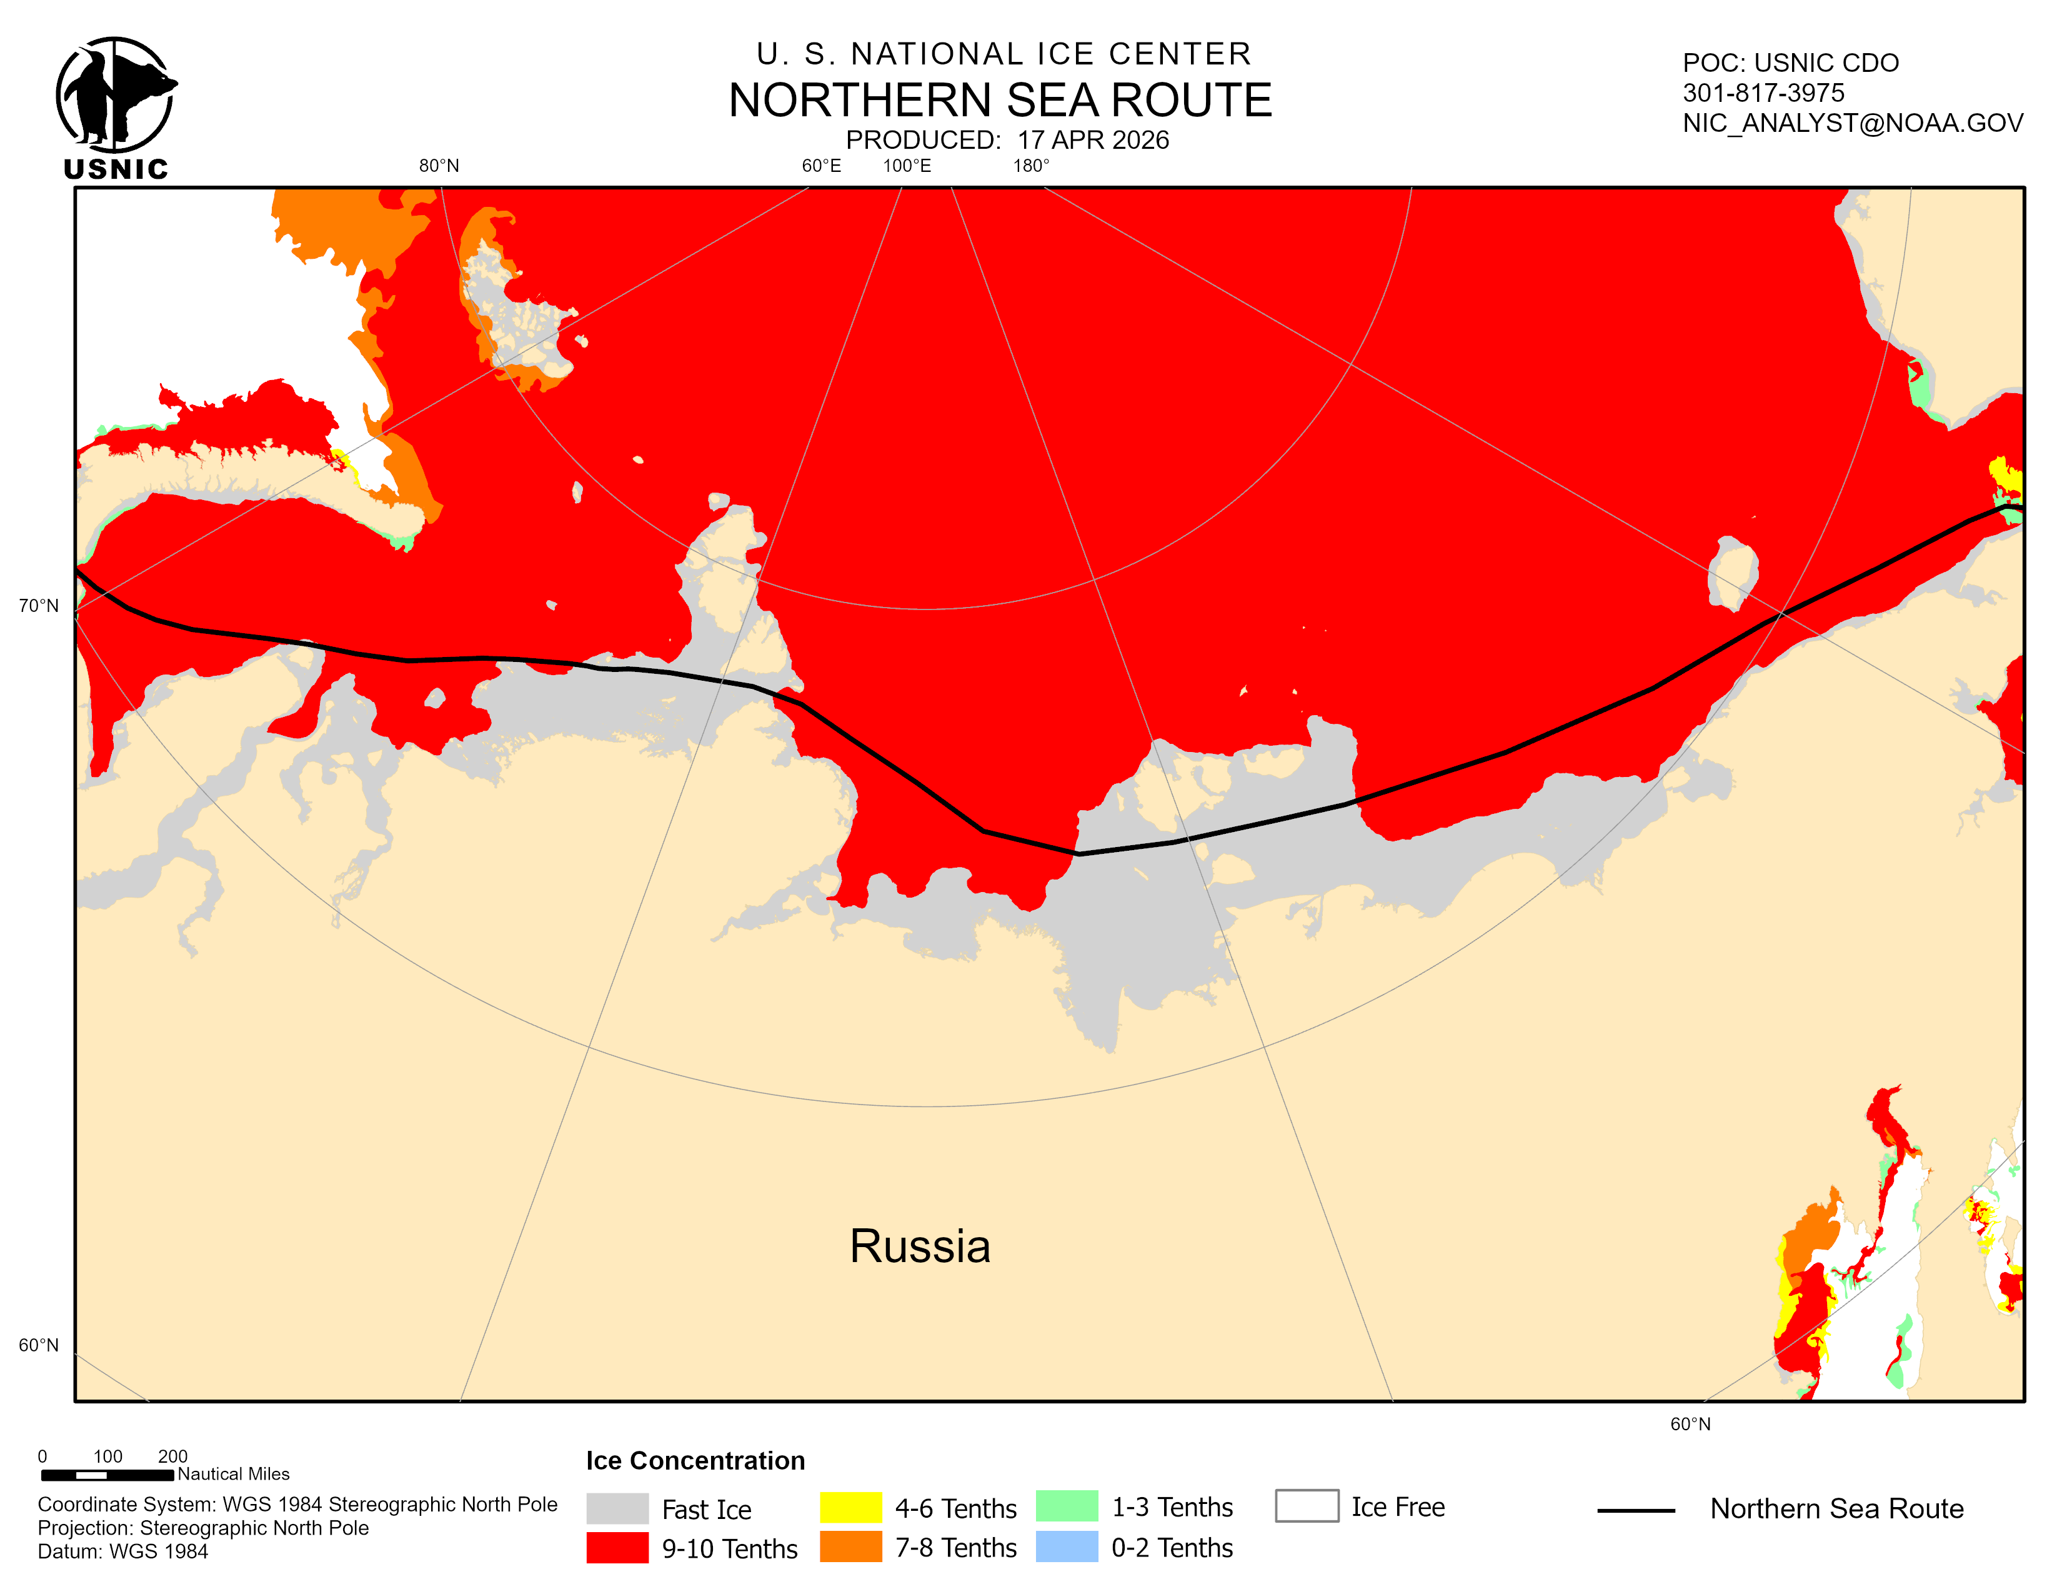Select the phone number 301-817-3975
pos(1763,93)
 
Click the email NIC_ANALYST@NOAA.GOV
pos(1853,123)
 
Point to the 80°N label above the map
pos(439,166)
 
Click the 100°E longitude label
pos(907,166)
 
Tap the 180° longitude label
pos(1031,166)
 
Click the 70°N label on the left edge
pos(39,605)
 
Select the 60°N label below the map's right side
pos(1690,1424)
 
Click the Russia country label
pos(920,1246)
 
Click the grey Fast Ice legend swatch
pos(617,1508)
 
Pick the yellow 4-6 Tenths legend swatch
pos(850,1507)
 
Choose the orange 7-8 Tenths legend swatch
pos(850,1546)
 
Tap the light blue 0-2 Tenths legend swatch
pos(1066,1546)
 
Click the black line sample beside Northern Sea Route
pos(1635,1511)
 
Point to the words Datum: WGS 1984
pos(122,1551)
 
